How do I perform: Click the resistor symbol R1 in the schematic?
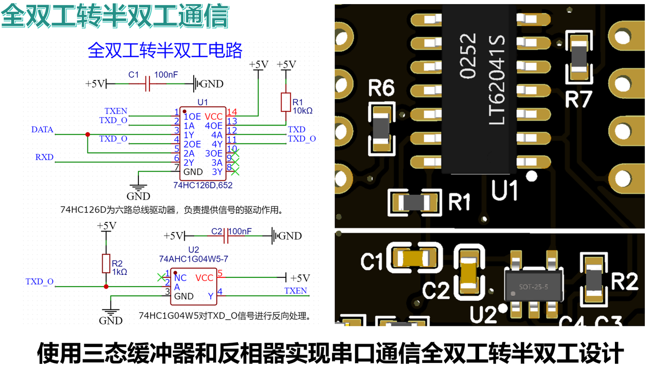point(285,102)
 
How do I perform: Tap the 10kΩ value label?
point(302,110)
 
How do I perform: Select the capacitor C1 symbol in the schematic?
point(148,83)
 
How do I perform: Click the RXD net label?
point(44,157)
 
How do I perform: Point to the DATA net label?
point(42,130)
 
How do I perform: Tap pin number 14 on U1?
point(232,112)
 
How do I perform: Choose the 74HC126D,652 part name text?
point(202,185)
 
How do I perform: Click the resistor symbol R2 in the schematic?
point(106,264)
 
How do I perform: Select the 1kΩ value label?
point(120,272)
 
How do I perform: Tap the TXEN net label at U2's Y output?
point(295,291)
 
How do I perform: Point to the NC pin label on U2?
point(181,278)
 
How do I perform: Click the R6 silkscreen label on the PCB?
point(382,89)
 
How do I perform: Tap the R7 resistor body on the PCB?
point(579,58)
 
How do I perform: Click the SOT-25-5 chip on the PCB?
point(534,286)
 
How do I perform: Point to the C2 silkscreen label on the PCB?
point(437,291)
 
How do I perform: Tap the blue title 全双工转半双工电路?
point(165,50)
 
